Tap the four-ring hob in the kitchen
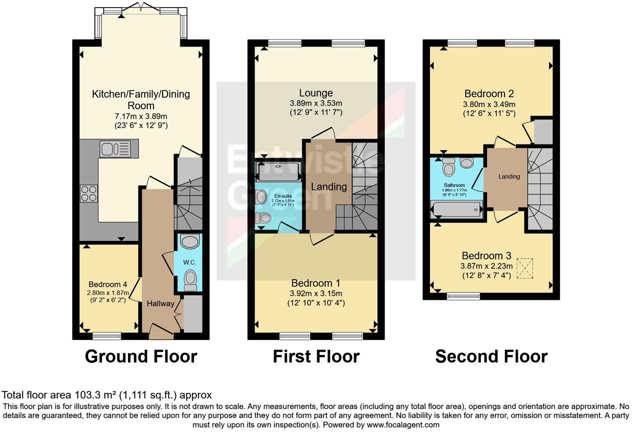(89, 194)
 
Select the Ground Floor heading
(141, 357)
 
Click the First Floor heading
(316, 357)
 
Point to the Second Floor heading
(491, 357)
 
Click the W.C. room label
(190, 263)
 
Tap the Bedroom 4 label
(108, 285)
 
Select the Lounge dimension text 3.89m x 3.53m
(316, 103)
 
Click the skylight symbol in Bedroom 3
(524, 268)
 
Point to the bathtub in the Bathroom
(457, 210)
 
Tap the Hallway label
(160, 304)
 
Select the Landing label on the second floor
(509, 177)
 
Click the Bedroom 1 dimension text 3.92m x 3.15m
(316, 294)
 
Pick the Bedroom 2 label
(489, 93)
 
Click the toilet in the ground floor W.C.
(191, 280)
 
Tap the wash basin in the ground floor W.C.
(190, 241)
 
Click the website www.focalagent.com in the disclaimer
(402, 425)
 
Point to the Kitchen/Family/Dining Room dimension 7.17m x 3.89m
(141, 116)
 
